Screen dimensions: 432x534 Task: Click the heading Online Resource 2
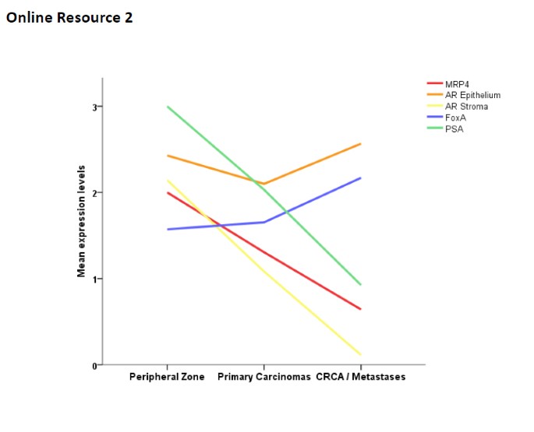coord(69,17)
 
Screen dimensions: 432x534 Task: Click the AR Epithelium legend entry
coord(472,95)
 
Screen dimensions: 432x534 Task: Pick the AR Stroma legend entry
coord(466,106)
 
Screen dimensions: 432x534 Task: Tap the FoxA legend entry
coord(455,117)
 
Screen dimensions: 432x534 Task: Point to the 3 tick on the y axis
coord(96,107)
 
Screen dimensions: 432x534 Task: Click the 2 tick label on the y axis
coord(96,193)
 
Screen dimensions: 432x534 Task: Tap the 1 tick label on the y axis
coord(96,279)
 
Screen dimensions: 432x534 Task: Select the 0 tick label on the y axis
coord(96,365)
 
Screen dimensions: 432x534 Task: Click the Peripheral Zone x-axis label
coord(167,377)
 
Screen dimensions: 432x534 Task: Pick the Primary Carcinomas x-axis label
coord(263,377)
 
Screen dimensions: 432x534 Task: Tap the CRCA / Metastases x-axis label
coord(360,377)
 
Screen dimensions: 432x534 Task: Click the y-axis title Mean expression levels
coord(81,221)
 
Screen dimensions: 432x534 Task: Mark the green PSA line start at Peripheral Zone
coord(168,107)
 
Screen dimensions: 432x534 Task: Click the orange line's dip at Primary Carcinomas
coord(264,184)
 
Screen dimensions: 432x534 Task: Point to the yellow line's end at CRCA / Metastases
coord(360,355)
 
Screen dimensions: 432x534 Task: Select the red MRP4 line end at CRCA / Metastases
coord(360,309)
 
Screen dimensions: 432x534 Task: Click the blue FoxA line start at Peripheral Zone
coord(168,229)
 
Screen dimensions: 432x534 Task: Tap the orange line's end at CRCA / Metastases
coord(360,144)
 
